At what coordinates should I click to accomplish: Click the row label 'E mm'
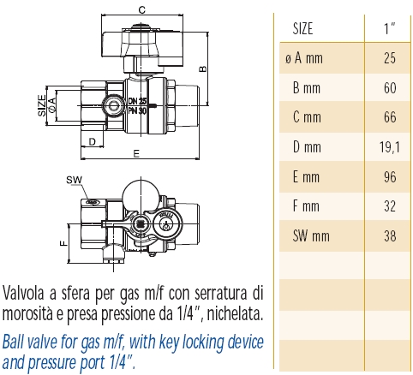pos(306,176)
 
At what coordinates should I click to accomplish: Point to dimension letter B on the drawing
pos(203,68)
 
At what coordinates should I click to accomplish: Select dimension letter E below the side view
pos(136,154)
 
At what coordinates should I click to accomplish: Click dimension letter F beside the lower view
pos(62,243)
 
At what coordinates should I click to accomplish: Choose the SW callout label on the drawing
pos(73,181)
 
